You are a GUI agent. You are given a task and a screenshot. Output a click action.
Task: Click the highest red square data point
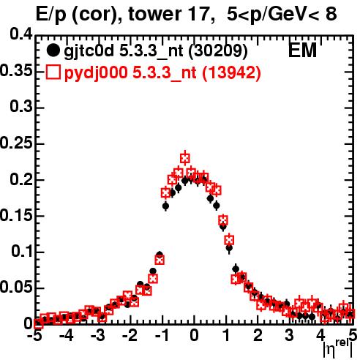click(185, 159)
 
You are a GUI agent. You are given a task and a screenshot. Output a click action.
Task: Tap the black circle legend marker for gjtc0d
click(53, 50)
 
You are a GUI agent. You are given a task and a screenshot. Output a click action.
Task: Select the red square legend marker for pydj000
click(53, 72)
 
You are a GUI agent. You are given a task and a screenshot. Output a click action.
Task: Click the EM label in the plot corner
click(302, 50)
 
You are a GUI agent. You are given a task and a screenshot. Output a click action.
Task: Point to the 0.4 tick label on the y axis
click(21, 34)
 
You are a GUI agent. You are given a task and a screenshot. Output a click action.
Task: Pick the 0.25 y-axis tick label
click(16, 143)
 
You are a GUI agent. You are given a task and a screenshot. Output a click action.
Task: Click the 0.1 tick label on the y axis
click(22, 252)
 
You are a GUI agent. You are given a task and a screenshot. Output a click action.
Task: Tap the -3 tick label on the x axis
click(97, 336)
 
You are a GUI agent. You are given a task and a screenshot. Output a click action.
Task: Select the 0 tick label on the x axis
click(194, 336)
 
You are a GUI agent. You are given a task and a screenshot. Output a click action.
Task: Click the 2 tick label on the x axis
click(258, 336)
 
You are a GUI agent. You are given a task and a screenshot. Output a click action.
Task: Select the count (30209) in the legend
click(218, 51)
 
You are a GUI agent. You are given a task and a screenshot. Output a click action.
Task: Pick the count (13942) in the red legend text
click(231, 73)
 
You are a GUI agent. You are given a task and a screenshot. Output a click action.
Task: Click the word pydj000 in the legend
click(96, 73)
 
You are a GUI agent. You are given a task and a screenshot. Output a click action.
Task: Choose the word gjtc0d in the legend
click(89, 51)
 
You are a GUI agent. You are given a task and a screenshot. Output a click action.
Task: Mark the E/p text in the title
click(51, 15)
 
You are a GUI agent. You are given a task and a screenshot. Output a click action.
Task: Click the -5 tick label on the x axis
click(37, 336)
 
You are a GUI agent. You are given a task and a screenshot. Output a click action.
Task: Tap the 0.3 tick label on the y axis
click(21, 107)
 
